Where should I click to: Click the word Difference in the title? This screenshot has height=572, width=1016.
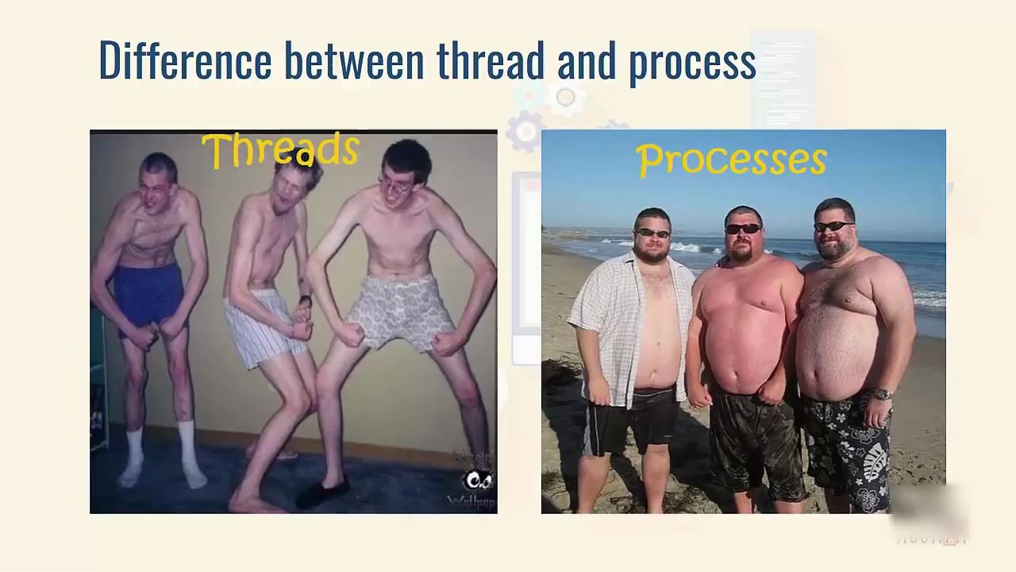185,60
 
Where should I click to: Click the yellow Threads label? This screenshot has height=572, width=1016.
280,150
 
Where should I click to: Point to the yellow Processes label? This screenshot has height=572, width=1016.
731,159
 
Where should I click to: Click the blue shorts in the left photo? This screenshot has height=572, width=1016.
148,292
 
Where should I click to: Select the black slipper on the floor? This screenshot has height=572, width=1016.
321,493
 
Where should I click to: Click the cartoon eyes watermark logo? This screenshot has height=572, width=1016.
478,481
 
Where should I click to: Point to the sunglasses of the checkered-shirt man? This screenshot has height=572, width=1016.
652,233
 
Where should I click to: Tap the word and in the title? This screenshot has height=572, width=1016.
587,60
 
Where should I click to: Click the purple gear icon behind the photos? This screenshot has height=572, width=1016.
526,131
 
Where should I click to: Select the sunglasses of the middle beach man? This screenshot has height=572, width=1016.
744,229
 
